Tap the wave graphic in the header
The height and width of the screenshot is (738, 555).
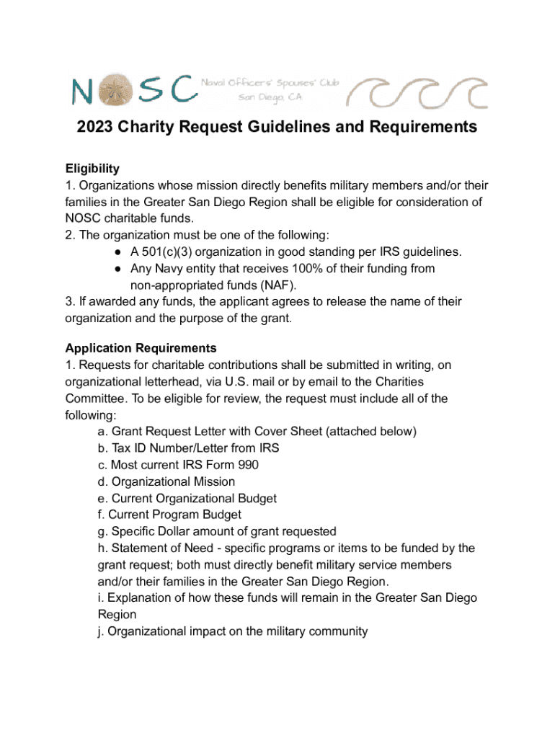(x=417, y=92)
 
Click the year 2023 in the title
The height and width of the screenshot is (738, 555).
(x=97, y=128)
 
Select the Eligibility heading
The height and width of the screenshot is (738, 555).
(x=92, y=169)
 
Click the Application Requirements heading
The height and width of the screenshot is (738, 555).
(x=141, y=349)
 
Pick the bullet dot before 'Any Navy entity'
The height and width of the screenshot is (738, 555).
(x=117, y=269)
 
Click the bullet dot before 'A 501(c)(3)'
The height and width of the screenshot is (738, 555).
(x=117, y=252)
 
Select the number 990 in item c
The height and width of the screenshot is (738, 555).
(x=247, y=465)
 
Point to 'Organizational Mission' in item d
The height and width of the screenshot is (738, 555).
(x=173, y=481)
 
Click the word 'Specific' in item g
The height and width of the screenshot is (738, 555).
(x=133, y=531)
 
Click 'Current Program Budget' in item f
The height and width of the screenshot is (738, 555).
(x=174, y=515)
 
